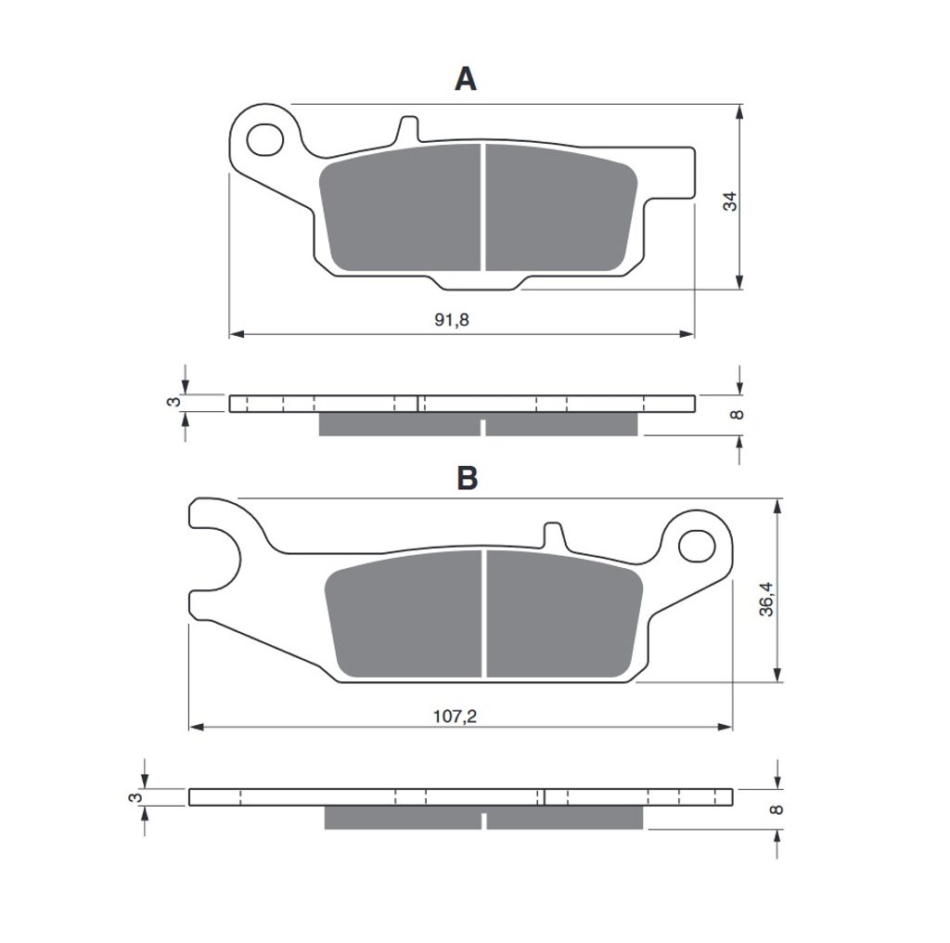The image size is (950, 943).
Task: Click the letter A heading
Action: coord(466,79)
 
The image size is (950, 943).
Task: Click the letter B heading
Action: coord(468,478)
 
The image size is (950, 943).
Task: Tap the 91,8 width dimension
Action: coord(452,319)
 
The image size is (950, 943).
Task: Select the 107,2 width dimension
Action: coord(455,717)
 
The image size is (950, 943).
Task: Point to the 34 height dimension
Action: coord(730,201)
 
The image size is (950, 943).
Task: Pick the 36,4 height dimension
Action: coord(766,599)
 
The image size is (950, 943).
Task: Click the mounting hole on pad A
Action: coord(265,139)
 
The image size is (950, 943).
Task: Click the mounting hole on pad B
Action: coord(697,546)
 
